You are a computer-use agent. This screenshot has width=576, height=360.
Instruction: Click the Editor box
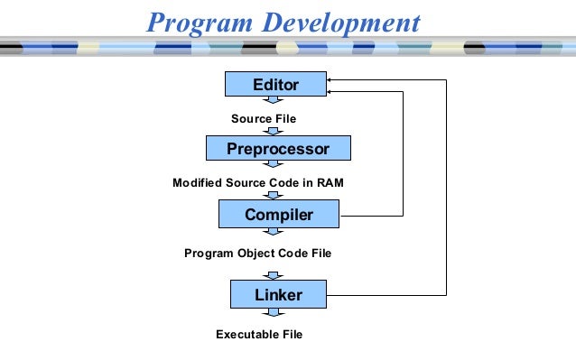pyautogui.click(x=275, y=84)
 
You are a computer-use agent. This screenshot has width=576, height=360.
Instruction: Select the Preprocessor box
pyautogui.click(x=278, y=148)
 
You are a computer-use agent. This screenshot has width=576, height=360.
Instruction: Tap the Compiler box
pyautogui.click(x=279, y=215)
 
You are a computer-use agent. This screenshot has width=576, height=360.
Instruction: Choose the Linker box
pyautogui.click(x=278, y=294)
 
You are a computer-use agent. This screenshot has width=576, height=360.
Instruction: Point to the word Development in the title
pyautogui.click(x=345, y=22)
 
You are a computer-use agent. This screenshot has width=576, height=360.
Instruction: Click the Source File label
pyautogui.click(x=264, y=118)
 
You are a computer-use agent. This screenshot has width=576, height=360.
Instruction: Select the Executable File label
pyautogui.click(x=259, y=335)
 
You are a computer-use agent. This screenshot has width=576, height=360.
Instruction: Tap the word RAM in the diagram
pyautogui.click(x=328, y=183)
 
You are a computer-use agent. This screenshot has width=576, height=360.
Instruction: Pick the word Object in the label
pyautogui.click(x=258, y=254)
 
